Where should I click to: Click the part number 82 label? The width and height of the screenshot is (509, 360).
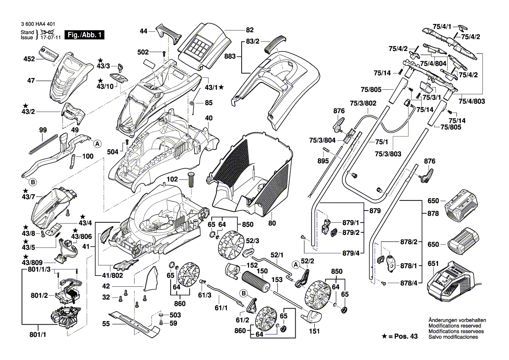(249, 30)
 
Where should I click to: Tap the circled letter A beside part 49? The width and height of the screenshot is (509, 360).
(98, 143)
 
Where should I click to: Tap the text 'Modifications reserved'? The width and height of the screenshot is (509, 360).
(455, 326)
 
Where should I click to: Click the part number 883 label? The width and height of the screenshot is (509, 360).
(230, 57)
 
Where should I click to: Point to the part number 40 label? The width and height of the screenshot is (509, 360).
(209, 118)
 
